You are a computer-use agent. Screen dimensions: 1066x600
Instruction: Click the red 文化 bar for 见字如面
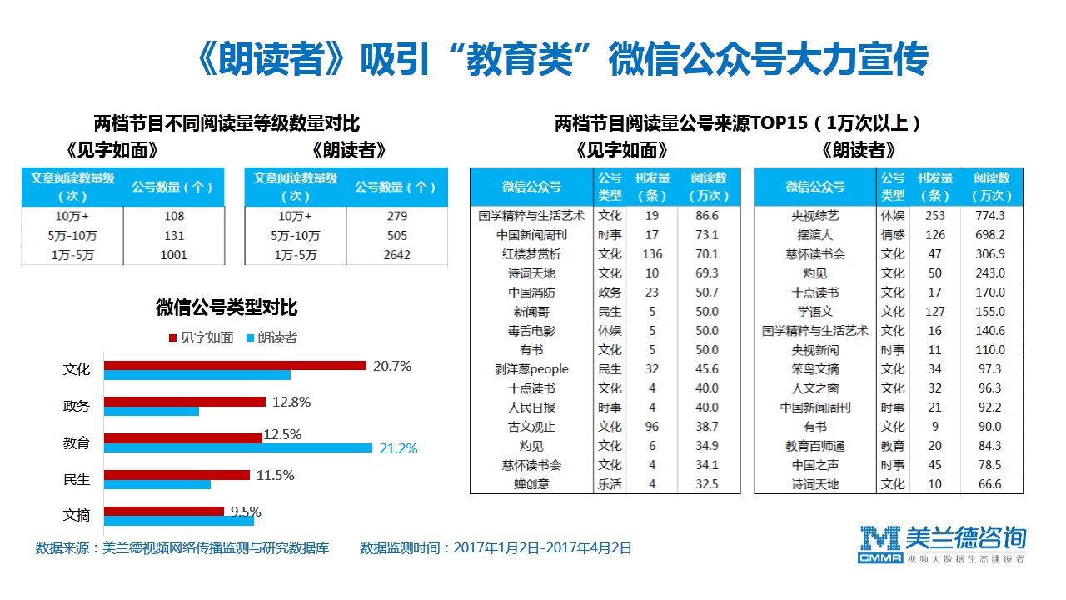pos(235,365)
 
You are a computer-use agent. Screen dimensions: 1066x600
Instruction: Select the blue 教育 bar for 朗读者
pos(238,448)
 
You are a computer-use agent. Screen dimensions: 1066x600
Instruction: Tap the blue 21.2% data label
pos(398,448)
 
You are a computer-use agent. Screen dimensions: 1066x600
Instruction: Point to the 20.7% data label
pos(392,366)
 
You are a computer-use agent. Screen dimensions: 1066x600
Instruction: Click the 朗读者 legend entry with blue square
pos(271,337)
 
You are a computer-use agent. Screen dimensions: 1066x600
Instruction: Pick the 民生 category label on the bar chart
pos(77,479)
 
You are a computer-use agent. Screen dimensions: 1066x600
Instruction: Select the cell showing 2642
pos(397,255)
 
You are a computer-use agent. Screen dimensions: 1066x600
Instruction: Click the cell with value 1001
pos(174,255)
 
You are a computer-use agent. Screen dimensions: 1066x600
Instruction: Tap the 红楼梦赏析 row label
pos(531,254)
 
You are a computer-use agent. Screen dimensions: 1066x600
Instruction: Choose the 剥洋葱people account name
pos(531,369)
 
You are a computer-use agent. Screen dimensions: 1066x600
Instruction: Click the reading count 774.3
pos(990,216)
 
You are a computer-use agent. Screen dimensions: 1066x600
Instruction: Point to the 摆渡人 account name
pos(815,235)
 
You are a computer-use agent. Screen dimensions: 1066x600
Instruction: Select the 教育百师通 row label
pos(815,446)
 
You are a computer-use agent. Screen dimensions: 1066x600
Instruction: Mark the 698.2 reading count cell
pos(990,235)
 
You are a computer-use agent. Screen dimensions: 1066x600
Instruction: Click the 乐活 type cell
pos(610,484)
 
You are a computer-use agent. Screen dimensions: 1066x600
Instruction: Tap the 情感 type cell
pos(892,235)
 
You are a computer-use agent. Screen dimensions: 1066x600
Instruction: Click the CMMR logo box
pos(880,558)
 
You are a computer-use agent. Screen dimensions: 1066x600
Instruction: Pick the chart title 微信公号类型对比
pos(227,307)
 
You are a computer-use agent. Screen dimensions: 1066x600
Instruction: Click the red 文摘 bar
pos(164,511)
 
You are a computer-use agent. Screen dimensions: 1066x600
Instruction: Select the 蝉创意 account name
pos(531,484)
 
